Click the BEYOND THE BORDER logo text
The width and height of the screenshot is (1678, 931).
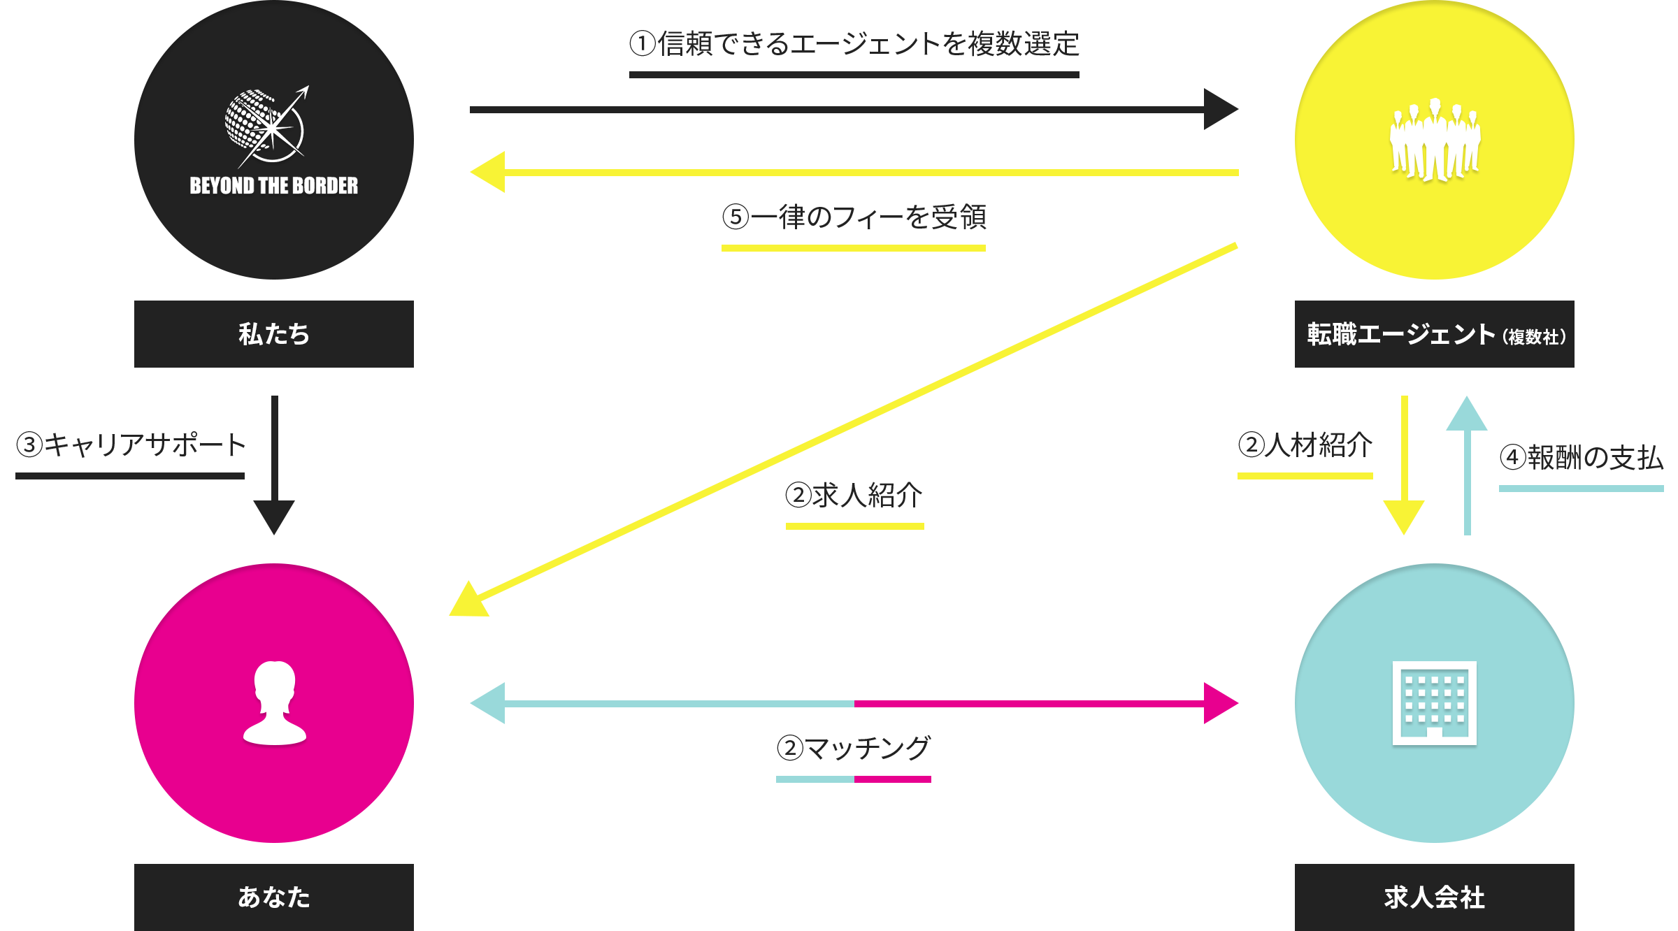point(273,185)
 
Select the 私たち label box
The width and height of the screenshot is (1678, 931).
point(273,334)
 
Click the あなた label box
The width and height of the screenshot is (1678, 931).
point(273,897)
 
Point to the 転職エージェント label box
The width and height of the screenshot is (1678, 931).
point(1434,334)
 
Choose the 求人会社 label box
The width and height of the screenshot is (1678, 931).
point(1434,897)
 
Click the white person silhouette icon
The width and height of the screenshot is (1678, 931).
point(274,703)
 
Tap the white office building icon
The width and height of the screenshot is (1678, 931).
point(1434,703)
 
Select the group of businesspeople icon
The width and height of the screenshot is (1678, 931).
point(1435,140)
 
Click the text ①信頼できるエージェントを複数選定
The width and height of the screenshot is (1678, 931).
point(854,44)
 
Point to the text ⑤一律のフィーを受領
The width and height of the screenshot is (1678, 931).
point(854,217)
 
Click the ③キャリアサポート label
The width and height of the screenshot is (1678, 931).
point(130,445)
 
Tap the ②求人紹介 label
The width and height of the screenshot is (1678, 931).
point(853,495)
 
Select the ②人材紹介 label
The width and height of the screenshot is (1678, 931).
point(1305,445)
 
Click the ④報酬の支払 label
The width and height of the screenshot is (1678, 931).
point(1581,458)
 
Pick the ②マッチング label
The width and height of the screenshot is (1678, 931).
point(853,748)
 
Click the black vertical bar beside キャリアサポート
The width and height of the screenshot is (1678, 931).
point(273,465)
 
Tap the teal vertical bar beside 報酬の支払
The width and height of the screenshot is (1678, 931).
point(1466,465)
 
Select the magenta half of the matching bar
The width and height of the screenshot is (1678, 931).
point(1046,702)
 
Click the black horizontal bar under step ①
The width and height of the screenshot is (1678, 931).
point(854,108)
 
